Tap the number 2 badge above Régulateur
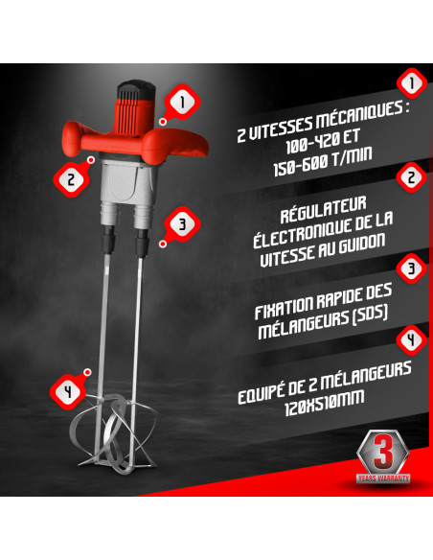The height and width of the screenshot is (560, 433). (x=411, y=178)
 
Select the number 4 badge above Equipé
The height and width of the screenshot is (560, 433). (x=411, y=339)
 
